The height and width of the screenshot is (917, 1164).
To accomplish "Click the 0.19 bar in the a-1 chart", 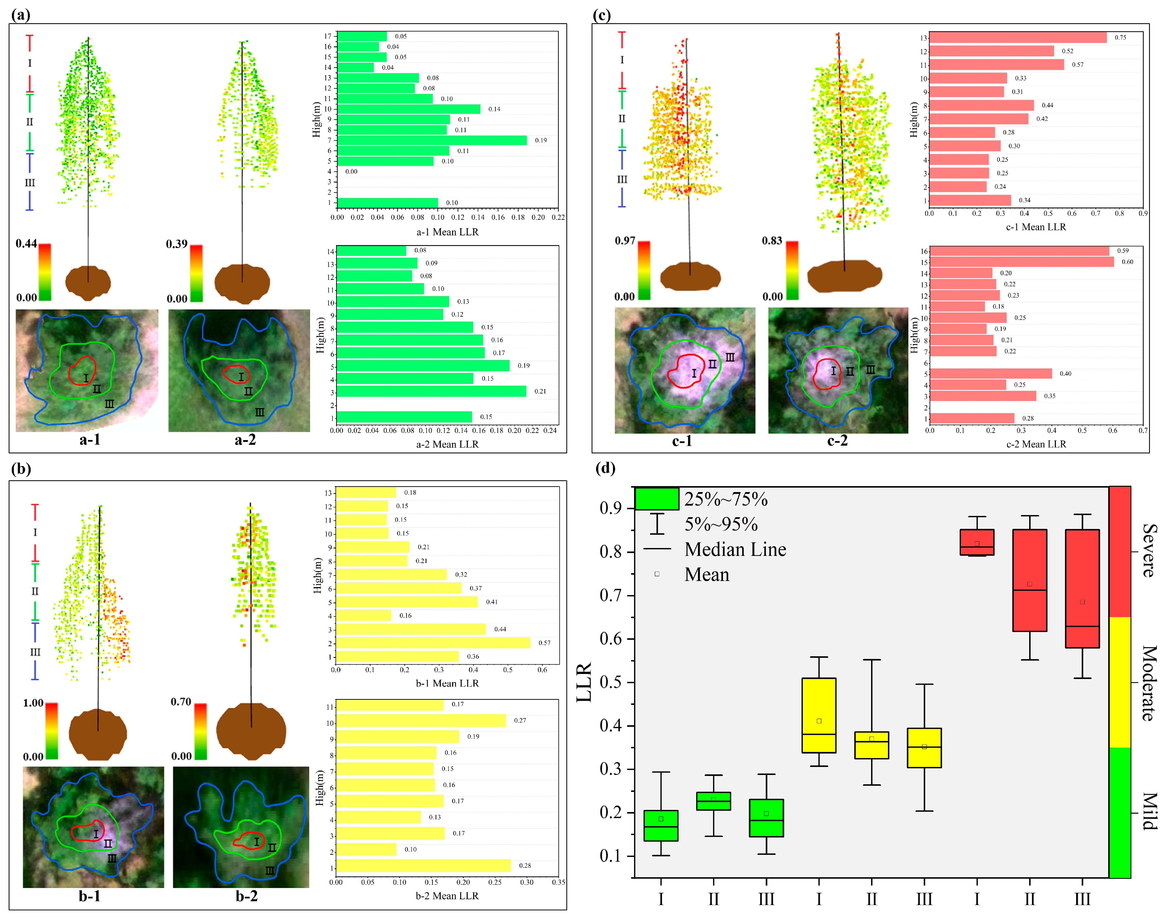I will (432, 140).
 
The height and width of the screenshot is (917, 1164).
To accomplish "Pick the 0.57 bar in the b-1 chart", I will (433, 643).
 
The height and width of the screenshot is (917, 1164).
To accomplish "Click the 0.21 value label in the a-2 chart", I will (540, 392).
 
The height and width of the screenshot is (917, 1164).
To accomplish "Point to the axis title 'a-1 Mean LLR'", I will (447, 232).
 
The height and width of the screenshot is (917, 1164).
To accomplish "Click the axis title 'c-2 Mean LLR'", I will (1036, 444).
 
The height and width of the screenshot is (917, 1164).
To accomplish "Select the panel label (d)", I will (605, 468).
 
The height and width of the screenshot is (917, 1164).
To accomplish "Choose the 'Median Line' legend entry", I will (735, 549).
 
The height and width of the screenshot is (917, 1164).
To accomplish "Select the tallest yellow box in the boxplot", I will (819, 715).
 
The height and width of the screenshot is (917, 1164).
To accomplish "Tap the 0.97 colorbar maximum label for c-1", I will (625, 241).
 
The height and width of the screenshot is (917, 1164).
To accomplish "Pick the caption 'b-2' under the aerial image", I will (247, 896).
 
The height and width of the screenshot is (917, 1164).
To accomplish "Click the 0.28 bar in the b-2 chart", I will (423, 865).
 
